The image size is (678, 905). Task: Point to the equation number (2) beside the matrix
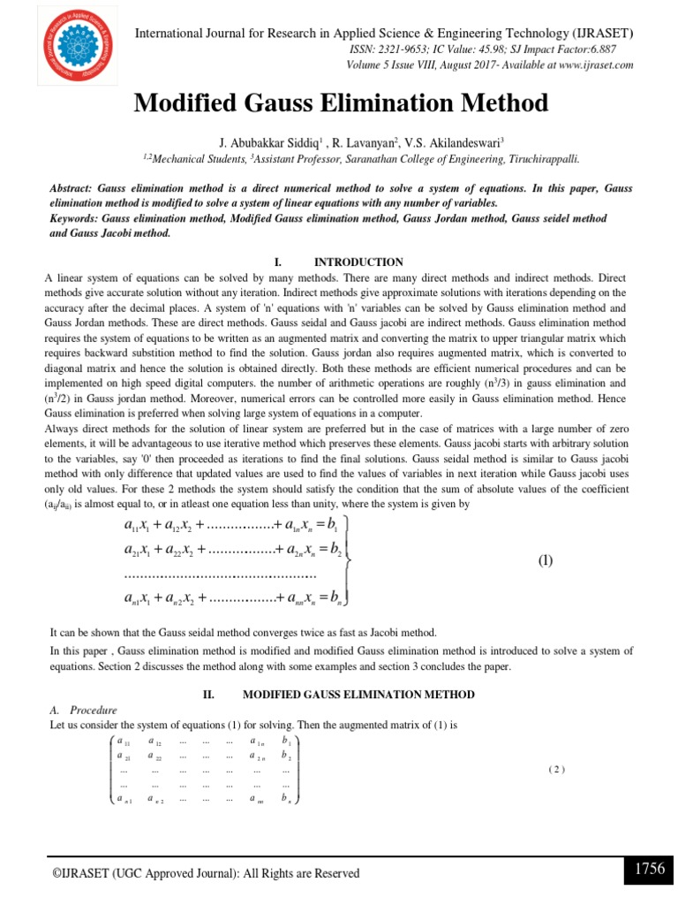pyautogui.click(x=555, y=769)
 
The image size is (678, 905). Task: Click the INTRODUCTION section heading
pyautogui.click(x=358, y=262)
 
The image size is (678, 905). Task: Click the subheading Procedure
pyautogui.click(x=93, y=710)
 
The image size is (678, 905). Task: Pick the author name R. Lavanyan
pyautogui.click(x=365, y=141)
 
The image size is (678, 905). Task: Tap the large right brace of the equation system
pyautogui.click(x=352, y=560)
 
